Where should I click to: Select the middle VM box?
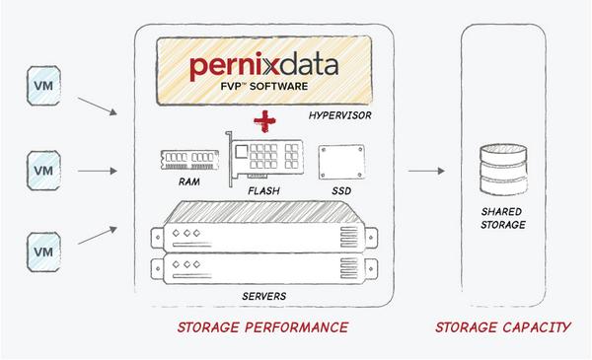pos(40,170)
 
